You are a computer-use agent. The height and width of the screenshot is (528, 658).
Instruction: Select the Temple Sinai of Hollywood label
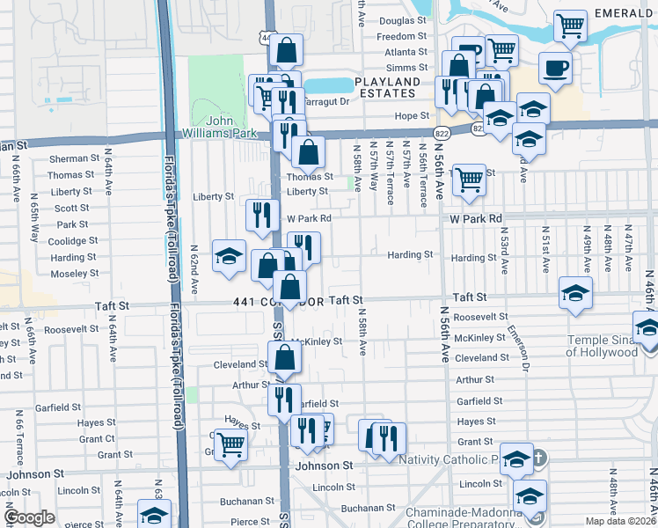(602, 346)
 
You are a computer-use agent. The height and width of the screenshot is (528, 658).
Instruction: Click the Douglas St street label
(402, 20)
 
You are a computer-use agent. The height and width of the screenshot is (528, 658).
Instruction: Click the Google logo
(29, 517)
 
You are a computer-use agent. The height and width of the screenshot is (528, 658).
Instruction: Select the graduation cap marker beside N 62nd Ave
(229, 257)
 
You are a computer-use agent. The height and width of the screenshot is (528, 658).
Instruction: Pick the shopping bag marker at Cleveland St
(284, 358)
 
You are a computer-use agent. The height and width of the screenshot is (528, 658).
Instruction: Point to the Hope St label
(410, 116)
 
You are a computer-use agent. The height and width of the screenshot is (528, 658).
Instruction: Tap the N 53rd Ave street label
(504, 247)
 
